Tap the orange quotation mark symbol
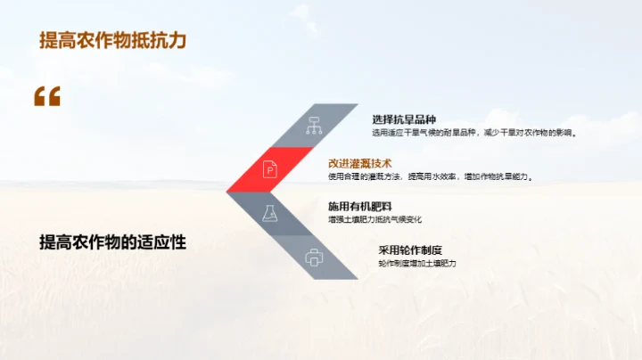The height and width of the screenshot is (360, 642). click(47, 96)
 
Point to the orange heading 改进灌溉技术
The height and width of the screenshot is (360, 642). click(360, 163)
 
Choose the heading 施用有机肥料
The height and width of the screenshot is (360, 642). click(360, 206)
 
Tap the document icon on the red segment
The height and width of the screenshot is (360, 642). click(270, 168)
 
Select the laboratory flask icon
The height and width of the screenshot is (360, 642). click(270, 214)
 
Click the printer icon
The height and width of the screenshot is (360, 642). click(313, 258)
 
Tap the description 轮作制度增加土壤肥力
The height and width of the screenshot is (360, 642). click(417, 263)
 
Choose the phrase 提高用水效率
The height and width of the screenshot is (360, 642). click(432, 176)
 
